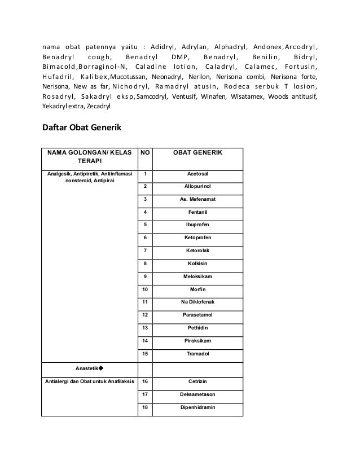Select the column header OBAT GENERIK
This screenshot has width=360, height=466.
[197, 153]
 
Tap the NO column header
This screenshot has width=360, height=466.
[145, 153]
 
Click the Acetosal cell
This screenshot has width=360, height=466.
[197, 174]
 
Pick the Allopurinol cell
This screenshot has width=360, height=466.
[197, 186]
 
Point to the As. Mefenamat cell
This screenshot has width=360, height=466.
[197, 199]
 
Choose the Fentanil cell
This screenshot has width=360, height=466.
[197, 212]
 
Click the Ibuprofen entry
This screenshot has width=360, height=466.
[197, 225]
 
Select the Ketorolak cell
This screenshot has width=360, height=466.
[197, 250]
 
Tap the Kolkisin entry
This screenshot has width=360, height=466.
[197, 263]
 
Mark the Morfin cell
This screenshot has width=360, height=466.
[197, 289]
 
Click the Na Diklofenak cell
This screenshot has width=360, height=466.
[197, 302]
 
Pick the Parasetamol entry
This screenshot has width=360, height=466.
[197, 315]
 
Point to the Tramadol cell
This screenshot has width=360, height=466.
[197, 354]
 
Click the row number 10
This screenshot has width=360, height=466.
[145, 289]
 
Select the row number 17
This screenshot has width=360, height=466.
[145, 394]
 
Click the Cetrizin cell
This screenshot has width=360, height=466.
[197, 381]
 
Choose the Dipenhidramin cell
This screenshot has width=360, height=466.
[197, 407]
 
